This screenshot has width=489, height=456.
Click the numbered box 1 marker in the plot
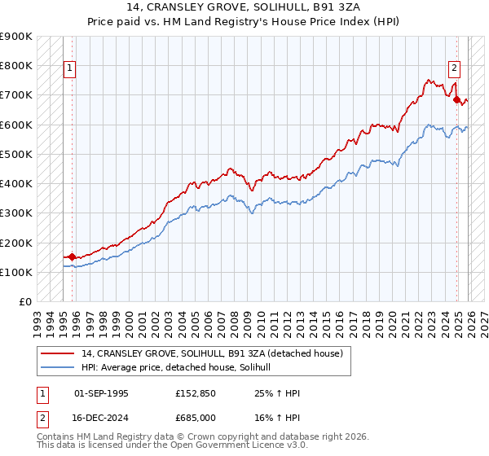[x=70, y=69]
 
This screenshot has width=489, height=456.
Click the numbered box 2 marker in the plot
[x=454, y=69]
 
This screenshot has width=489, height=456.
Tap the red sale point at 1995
[x=72, y=256]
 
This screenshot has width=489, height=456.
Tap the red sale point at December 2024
[x=456, y=99]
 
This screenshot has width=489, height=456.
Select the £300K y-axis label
[x=16, y=213]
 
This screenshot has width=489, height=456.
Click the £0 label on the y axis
[x=24, y=302]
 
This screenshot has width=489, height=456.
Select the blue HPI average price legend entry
[x=181, y=368]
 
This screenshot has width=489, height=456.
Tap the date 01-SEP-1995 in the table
[x=101, y=393]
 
